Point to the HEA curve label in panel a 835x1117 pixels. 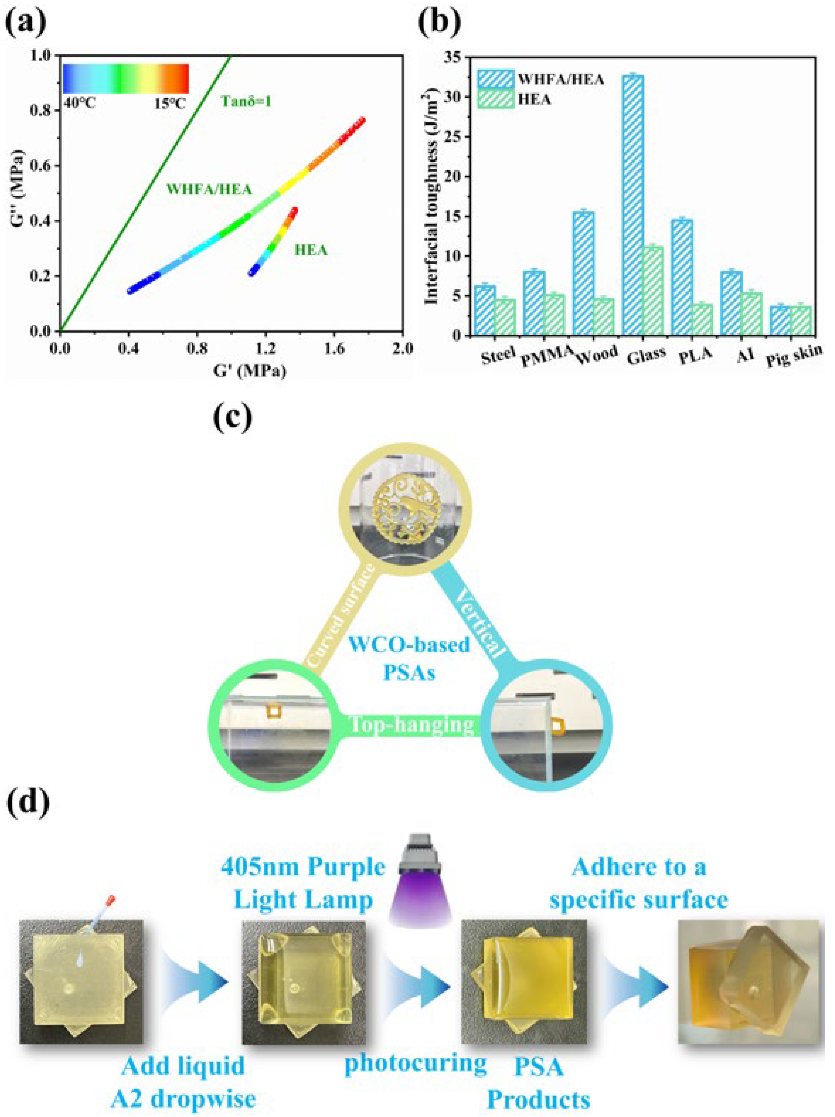(x=311, y=249)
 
